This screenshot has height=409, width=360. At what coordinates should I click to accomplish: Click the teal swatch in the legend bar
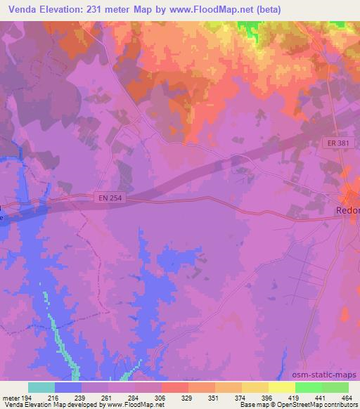click(x=41, y=387)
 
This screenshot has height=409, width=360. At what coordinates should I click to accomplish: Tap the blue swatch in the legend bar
click(x=68, y=387)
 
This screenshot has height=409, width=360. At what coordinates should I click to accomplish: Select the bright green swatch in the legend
click(x=308, y=387)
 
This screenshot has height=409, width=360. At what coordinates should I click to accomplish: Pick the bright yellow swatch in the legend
click(x=281, y=387)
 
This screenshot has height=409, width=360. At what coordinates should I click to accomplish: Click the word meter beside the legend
click(x=12, y=397)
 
